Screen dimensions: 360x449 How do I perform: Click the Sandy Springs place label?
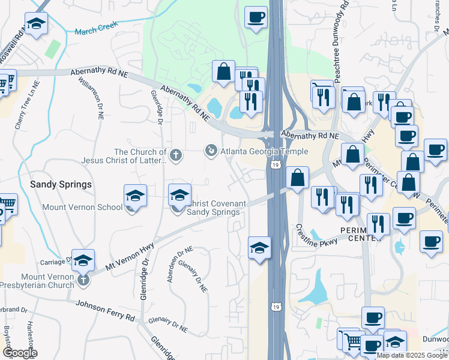61,184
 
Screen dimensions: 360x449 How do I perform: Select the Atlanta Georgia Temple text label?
264,152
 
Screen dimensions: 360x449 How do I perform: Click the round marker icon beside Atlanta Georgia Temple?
211,150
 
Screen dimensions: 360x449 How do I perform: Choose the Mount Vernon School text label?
82,208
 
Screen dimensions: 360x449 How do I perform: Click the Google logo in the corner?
19,353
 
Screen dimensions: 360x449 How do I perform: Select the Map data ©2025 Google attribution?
412,355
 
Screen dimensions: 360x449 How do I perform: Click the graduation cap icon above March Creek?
37,25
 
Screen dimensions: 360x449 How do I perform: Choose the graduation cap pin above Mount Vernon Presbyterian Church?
83,260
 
